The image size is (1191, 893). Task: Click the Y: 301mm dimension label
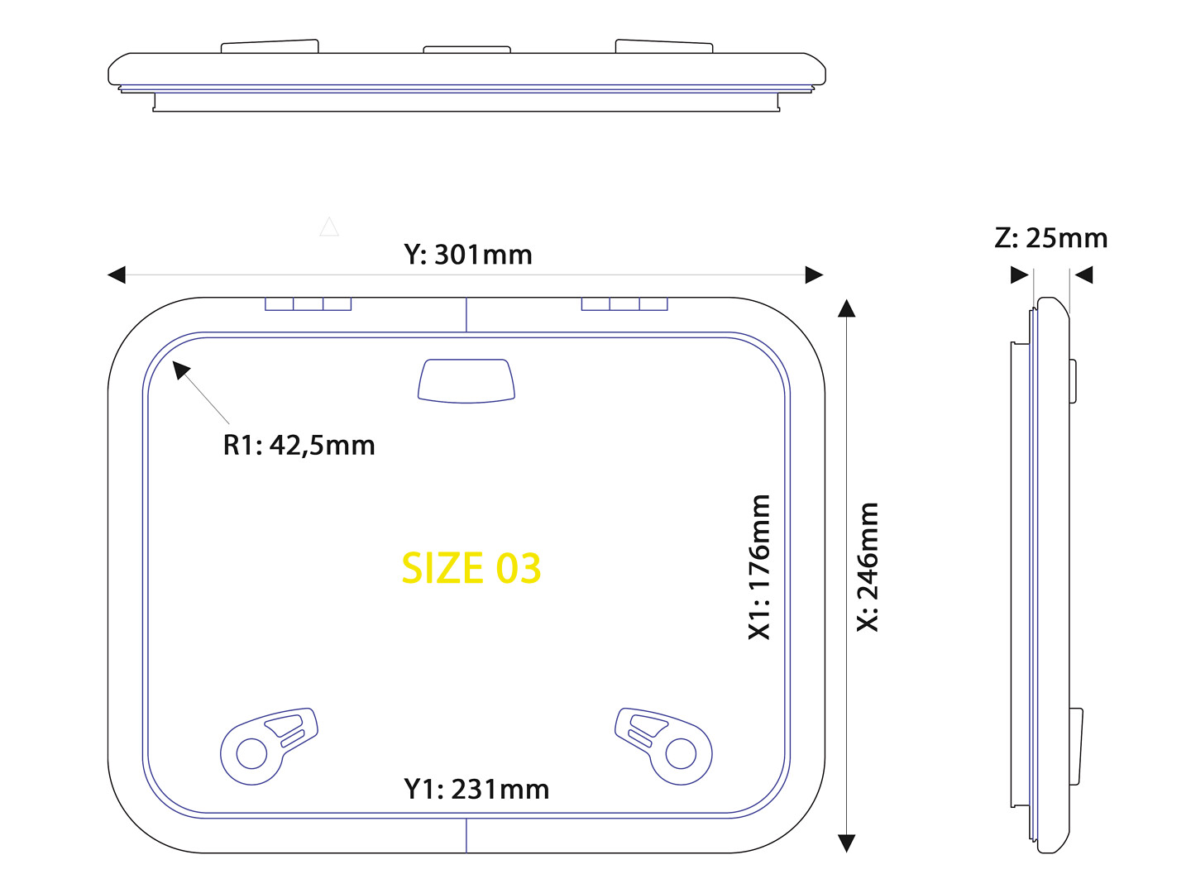click(468, 255)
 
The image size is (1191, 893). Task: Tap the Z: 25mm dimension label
click(1050, 238)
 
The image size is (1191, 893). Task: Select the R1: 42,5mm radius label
click(299, 445)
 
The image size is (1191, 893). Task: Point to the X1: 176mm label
click(758, 567)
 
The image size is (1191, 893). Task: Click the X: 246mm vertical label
click(867, 567)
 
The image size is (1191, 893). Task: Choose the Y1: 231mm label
click(476, 790)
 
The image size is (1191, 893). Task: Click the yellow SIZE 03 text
click(471, 568)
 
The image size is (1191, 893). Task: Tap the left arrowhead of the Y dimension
click(117, 275)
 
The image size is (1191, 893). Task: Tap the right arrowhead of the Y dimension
click(814, 275)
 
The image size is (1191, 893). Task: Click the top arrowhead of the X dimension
click(846, 308)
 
